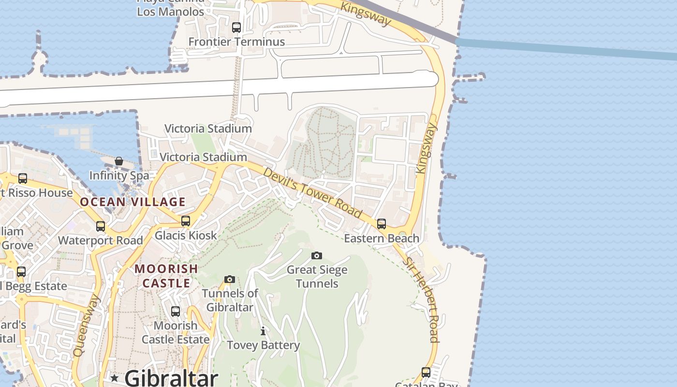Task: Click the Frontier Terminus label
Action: coord(236,42)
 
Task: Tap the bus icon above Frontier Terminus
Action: coord(236,28)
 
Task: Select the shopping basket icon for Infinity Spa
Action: coord(119,161)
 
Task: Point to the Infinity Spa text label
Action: coord(119,175)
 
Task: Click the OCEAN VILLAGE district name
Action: coord(133,202)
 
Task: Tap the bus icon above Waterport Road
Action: coord(101,226)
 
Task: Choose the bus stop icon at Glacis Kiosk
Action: coord(186,221)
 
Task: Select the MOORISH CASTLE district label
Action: coord(166,276)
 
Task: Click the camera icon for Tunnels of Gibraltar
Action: coord(230,279)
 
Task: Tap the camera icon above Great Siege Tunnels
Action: coord(317,255)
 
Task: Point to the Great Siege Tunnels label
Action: coord(317,277)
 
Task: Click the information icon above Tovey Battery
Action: coord(263,331)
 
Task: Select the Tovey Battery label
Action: coord(264,345)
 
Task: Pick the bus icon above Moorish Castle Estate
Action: coord(176,311)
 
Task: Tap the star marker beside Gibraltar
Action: coord(115,377)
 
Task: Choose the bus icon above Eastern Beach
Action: coord(382,223)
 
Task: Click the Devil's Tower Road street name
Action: coord(312,193)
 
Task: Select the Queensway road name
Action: coord(86,326)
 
